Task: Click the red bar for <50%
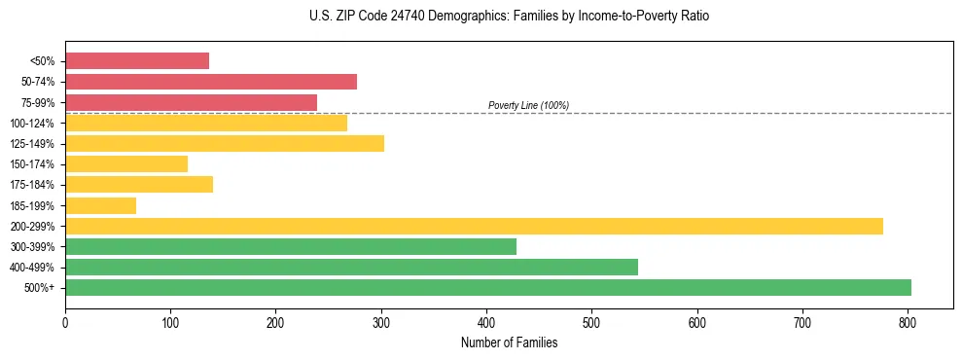137,61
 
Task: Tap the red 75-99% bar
191,102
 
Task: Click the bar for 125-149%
225,143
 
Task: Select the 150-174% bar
126,164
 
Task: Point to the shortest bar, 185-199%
100,205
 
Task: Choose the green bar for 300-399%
291,246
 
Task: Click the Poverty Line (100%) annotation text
528,105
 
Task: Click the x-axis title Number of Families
509,342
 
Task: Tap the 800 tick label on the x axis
908,321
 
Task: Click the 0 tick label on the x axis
65,321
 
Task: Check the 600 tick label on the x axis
696,321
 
